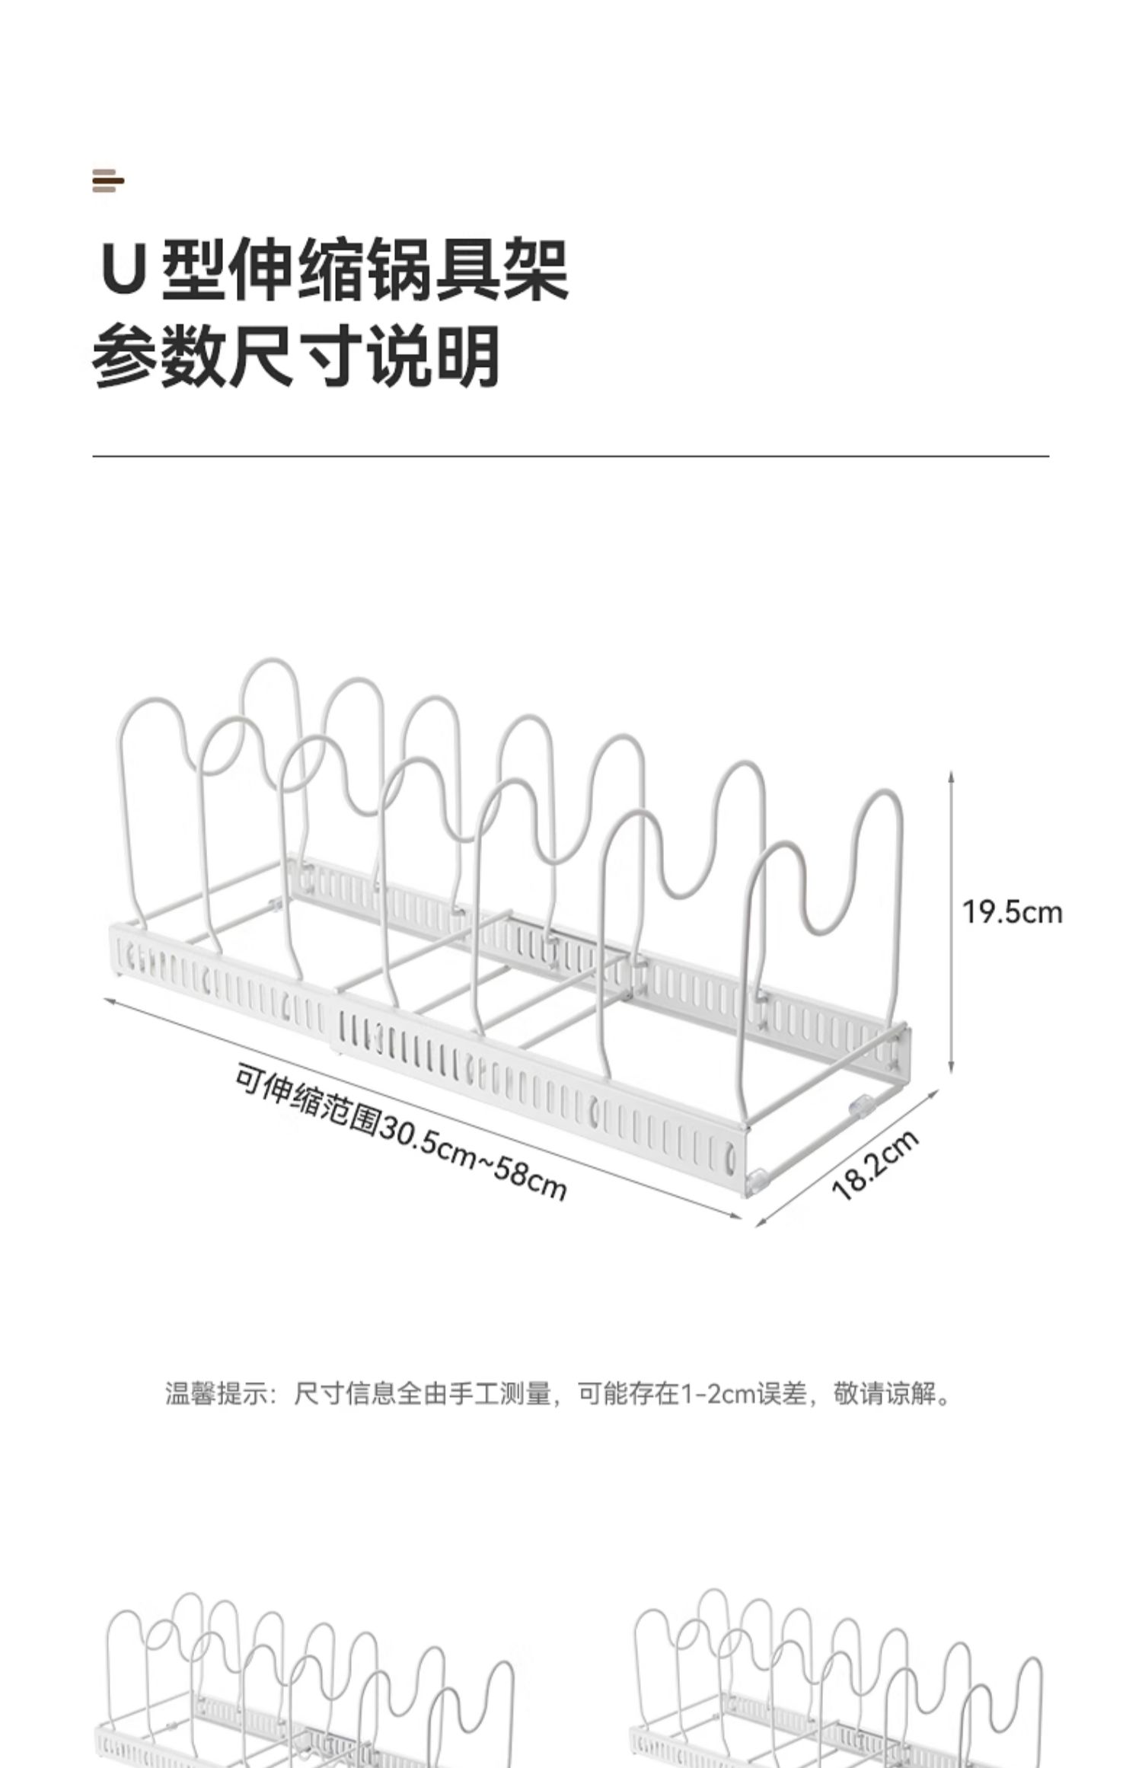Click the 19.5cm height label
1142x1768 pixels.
[1012, 912]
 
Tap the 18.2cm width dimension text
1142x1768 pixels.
[876, 1166]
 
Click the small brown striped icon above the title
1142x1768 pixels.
[107, 181]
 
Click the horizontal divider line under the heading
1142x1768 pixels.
[571, 456]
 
